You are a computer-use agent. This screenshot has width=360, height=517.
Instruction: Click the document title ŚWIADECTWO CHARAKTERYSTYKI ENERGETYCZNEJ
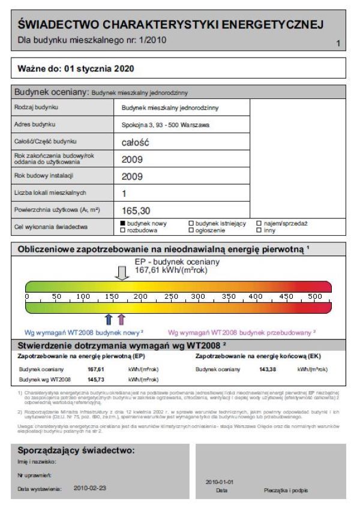[171, 25]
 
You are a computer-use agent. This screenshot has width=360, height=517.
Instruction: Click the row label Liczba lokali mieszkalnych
[50, 193]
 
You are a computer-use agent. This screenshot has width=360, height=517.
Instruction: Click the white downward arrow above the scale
[122, 273]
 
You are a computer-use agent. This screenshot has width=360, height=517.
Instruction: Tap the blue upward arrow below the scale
[109, 319]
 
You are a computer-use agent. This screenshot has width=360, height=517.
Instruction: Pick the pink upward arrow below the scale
[121, 319]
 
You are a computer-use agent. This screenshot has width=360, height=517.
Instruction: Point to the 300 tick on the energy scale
[197, 296]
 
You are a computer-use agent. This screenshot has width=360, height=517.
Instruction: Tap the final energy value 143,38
[268, 369]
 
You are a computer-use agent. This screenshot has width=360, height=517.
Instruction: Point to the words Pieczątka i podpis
[286, 490]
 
